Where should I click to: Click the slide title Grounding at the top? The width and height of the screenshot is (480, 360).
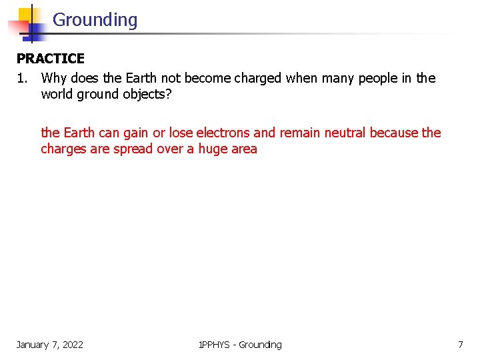click(95, 20)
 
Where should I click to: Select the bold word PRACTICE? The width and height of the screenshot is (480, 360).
click(51, 59)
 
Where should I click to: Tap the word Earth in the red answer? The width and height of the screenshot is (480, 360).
click(79, 133)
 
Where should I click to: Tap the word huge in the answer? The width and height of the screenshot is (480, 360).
click(214, 149)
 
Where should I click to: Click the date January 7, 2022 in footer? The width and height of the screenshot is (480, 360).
click(50, 345)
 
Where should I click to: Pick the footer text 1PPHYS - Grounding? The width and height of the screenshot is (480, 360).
click(240, 345)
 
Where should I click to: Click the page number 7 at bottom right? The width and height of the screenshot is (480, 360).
click(460, 345)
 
